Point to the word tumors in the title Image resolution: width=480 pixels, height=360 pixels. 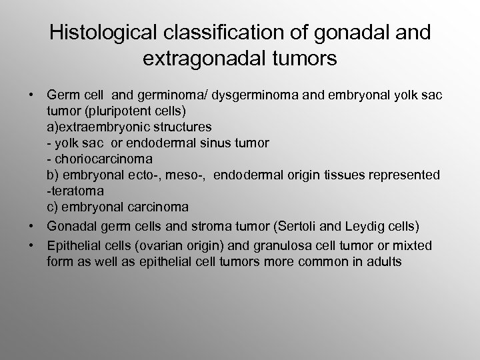(305, 59)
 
